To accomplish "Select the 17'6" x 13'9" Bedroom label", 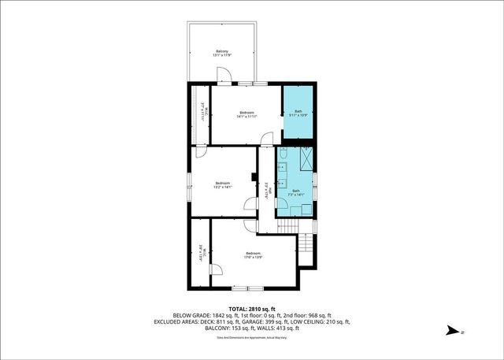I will click(x=252, y=254).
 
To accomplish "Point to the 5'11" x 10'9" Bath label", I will click(x=298, y=113).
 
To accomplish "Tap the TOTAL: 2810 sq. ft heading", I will click(x=251, y=308).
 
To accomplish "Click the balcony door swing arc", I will click(x=224, y=75).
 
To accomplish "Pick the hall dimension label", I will click(x=267, y=192).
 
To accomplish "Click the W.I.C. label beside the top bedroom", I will click(x=202, y=112).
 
